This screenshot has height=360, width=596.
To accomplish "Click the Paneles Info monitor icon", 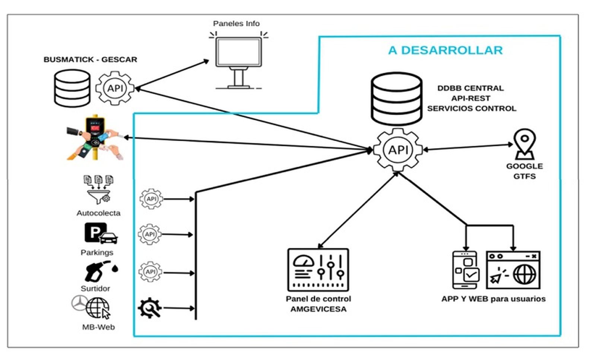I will tap(238, 61).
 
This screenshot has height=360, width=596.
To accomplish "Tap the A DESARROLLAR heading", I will tap(445, 50).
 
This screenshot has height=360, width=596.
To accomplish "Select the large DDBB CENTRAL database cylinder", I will tap(396, 99).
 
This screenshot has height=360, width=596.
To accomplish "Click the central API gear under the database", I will tap(398, 150).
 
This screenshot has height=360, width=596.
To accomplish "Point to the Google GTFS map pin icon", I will tap(524, 144).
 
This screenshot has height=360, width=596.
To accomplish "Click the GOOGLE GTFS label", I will tap(524, 171).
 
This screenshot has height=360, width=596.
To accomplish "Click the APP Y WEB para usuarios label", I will tap(493, 299).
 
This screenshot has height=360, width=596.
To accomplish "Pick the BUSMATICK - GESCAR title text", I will tap(90, 60).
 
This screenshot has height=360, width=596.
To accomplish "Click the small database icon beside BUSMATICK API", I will tap(72, 88).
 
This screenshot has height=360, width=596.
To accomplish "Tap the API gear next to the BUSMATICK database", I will tap(115, 88).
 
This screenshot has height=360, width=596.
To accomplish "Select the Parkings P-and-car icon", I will tap(101, 233).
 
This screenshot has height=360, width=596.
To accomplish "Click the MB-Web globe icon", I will tap(98, 308).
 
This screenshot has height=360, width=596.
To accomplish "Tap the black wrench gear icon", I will tap(150, 308).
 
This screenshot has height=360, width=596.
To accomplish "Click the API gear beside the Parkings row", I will tap(150, 234).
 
